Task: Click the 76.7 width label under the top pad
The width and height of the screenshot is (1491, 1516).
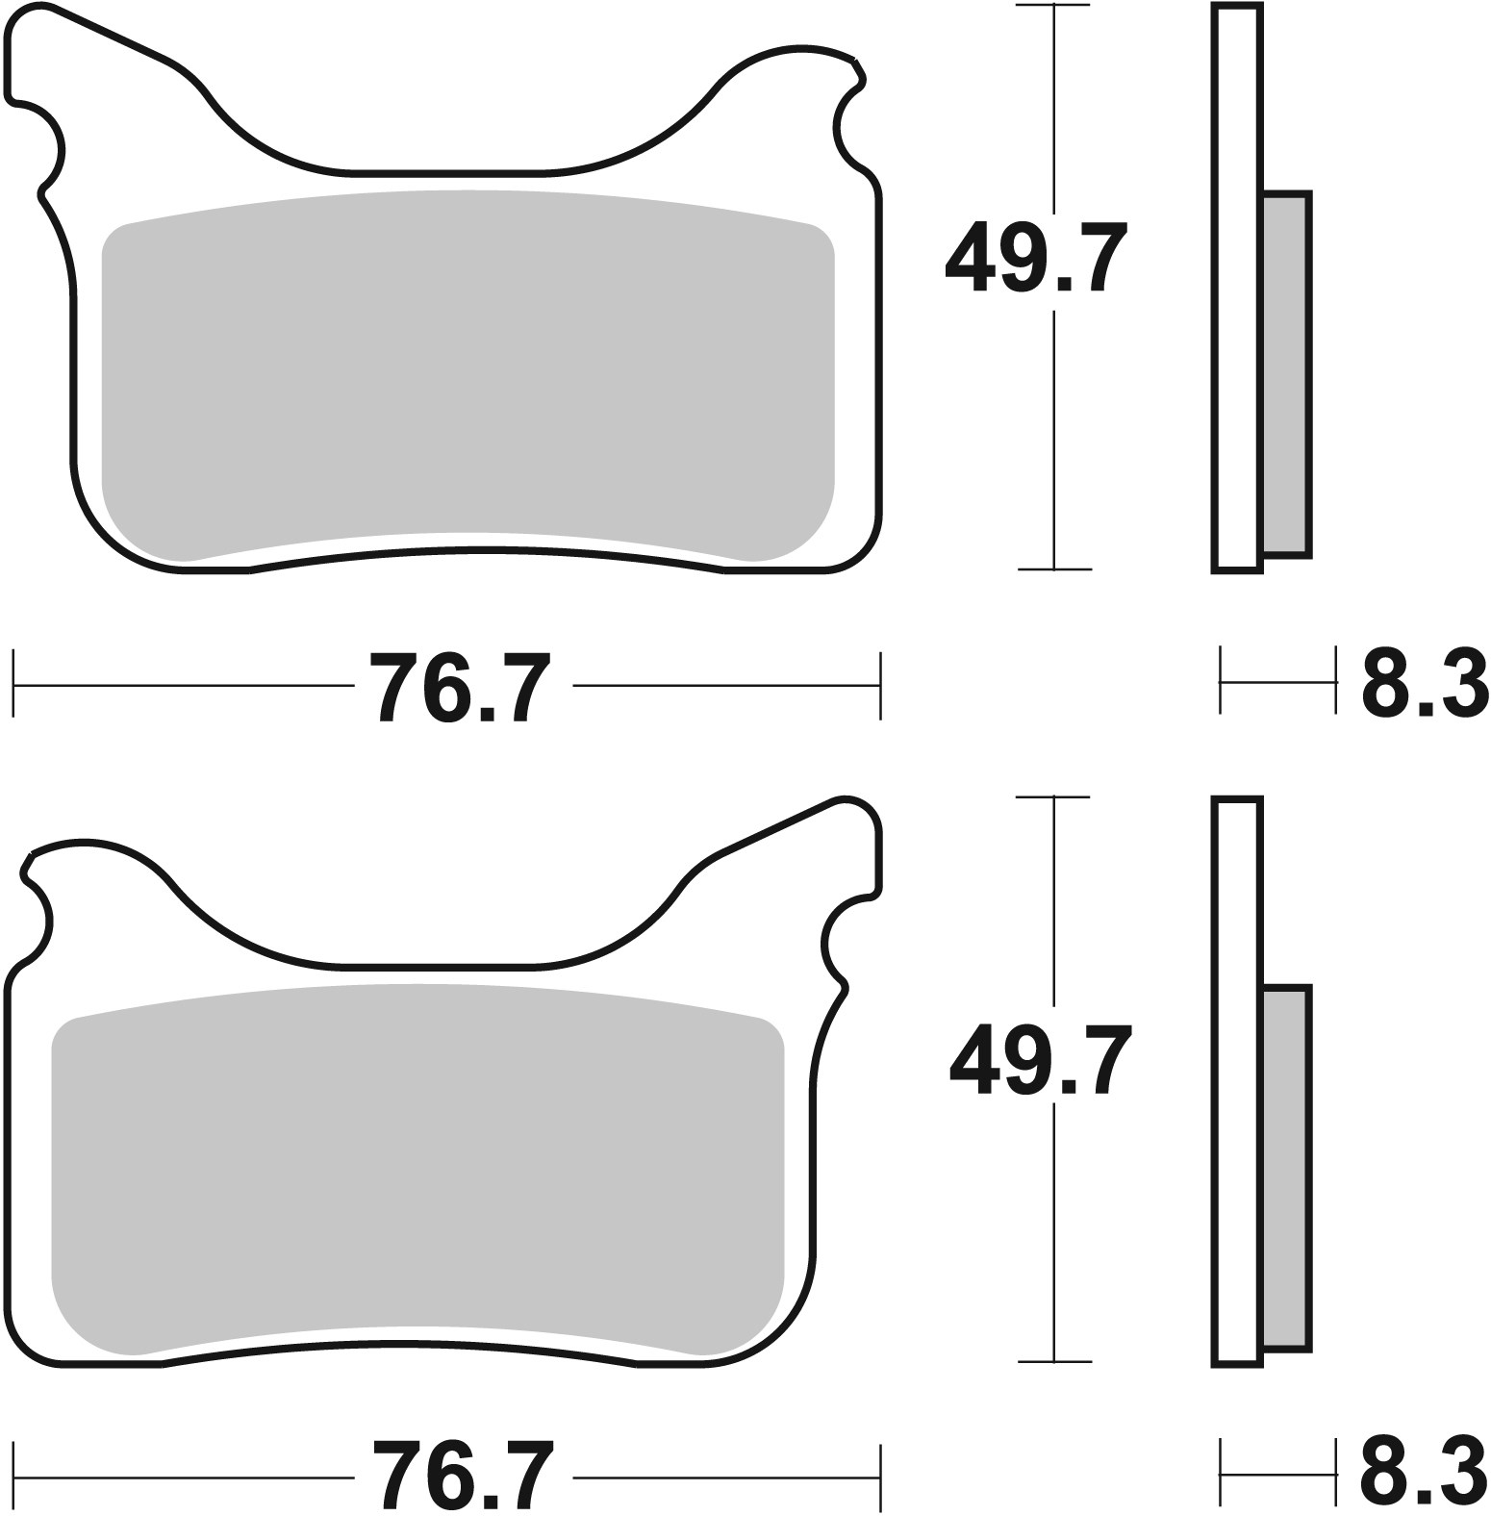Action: click(x=463, y=687)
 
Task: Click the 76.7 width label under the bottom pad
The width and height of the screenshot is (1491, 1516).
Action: click(x=463, y=1477)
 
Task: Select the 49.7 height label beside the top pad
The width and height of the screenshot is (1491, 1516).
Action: click(x=1035, y=256)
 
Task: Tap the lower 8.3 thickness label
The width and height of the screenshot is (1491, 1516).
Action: click(x=1425, y=1475)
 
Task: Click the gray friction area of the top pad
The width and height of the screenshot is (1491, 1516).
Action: click(x=468, y=375)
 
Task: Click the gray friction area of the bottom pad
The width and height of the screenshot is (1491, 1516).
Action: click(x=417, y=1169)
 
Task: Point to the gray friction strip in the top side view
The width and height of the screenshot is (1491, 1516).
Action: click(x=1284, y=374)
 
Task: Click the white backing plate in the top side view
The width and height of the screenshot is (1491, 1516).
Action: click(x=1237, y=289)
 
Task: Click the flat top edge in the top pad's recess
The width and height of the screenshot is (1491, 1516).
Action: click(x=447, y=174)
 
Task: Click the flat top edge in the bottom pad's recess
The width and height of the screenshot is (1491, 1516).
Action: click(x=438, y=965)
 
